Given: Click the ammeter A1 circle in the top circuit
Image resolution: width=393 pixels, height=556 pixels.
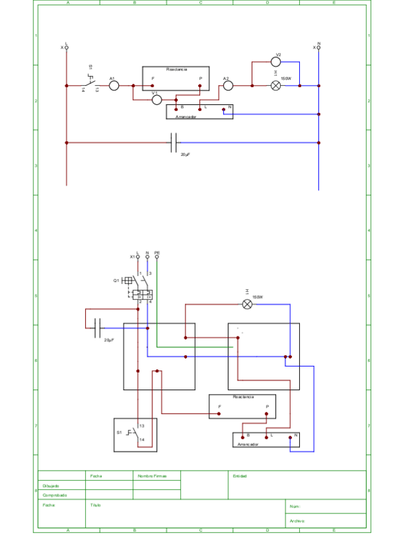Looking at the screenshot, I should pos(114,85).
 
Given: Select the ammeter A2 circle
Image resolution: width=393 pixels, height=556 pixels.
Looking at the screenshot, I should pos(228,85).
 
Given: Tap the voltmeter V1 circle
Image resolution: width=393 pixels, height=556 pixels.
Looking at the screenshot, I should pos(157,100).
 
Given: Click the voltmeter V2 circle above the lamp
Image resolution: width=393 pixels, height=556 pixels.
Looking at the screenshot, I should pos(276,62).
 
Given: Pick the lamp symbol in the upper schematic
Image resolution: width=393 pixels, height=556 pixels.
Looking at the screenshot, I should pos(276,85).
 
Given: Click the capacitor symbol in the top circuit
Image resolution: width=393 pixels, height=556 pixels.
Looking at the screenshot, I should pos(174,142).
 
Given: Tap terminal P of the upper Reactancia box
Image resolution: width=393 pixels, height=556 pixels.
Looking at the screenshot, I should pos(200,85).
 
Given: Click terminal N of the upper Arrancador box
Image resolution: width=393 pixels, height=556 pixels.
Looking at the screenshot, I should pos(223,109).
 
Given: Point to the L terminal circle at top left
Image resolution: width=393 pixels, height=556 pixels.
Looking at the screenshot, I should pos(66,47).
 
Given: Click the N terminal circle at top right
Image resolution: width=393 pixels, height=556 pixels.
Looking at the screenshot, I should pos(319,47).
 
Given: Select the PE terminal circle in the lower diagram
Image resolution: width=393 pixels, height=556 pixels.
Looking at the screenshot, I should pos(157,257).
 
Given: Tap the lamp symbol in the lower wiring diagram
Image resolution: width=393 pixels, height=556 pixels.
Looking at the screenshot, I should pos(247,304).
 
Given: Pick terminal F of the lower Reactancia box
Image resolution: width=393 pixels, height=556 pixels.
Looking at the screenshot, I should pos(218,414).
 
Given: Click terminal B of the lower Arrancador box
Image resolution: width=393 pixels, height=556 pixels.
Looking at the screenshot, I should pos(243,437).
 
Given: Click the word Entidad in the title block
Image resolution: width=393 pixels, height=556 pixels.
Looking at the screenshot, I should pos(239,476).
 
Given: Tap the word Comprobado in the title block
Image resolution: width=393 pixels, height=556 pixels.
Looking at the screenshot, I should pos(55,495).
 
